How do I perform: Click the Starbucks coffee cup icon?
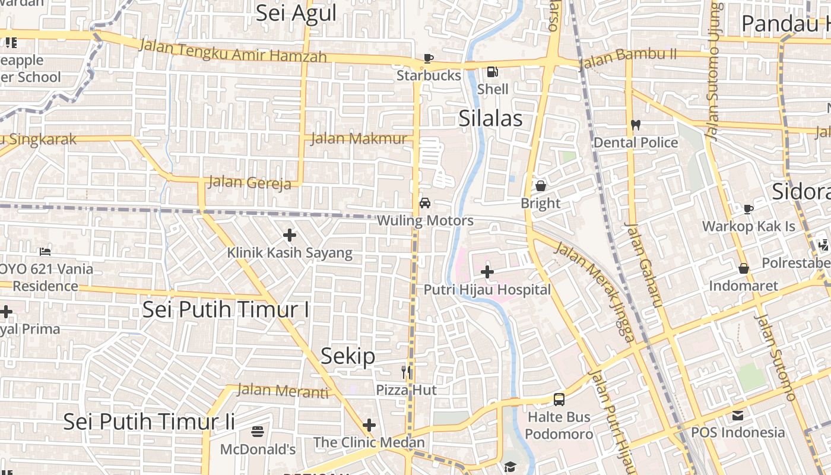(429, 58)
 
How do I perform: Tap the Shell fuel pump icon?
(492, 72)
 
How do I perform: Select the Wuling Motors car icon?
(425, 203)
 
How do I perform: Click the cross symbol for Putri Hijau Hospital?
(487, 272)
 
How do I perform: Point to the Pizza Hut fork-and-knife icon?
(406, 372)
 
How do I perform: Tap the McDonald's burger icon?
(258, 431)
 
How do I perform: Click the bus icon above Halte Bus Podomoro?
(559, 399)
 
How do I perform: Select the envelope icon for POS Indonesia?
(738, 415)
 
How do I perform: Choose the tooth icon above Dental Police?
(635, 125)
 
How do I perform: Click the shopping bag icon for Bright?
(541, 186)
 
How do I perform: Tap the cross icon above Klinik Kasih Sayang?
(290, 235)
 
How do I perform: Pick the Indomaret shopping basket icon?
(743, 268)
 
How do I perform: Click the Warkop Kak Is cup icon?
(748, 209)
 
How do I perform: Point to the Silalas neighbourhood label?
(490, 119)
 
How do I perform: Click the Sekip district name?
(348, 356)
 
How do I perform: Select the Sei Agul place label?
(296, 13)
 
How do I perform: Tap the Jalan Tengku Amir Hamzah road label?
(233, 50)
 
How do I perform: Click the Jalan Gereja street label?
(249, 182)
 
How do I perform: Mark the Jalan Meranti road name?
(283, 391)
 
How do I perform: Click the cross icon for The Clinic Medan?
(369, 425)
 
